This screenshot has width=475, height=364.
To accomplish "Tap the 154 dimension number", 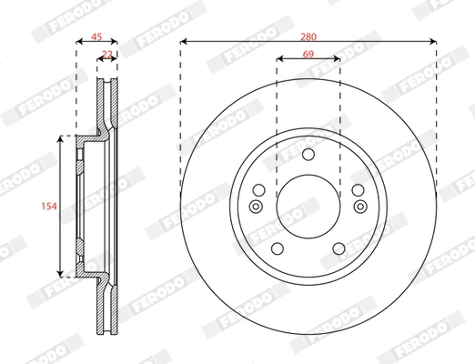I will click(49, 207).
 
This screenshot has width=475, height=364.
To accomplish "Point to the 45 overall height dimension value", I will click(96, 38).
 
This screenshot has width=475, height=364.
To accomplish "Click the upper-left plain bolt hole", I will click(258, 190).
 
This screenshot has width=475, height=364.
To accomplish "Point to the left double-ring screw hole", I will click(256, 207).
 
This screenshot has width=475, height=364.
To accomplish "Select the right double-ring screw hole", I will click(360, 207).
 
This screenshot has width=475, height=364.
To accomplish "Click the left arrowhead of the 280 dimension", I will click(184, 41).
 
